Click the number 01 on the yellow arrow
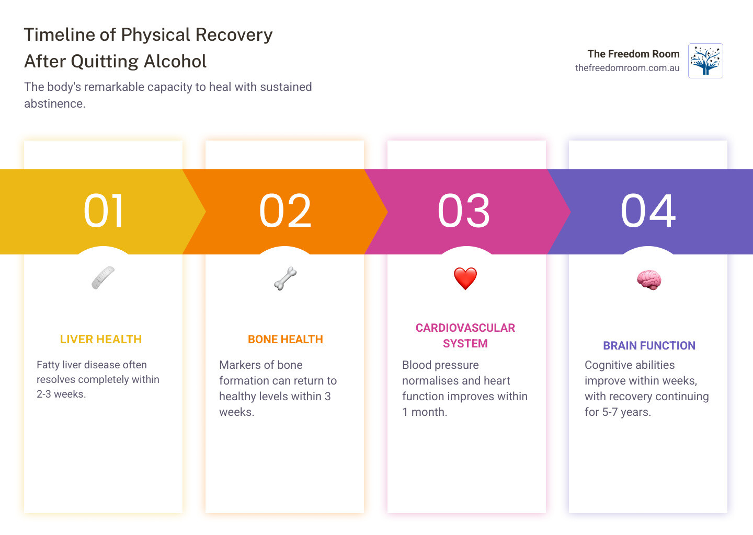[104, 211]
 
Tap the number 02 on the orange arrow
[285, 211]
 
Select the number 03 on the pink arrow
[464, 211]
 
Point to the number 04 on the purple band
[648, 211]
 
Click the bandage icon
[103, 277]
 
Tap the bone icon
[285, 278]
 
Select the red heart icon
[465, 278]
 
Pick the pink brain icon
[649, 280]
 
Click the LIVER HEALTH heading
[101, 340]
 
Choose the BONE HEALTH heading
[286, 340]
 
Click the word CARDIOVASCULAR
[465, 328]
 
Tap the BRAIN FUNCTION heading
[649, 346]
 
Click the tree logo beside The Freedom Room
[705, 61]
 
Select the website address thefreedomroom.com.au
[627, 68]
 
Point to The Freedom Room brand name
[633, 54]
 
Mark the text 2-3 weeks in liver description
[61, 394]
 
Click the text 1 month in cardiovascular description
[425, 412]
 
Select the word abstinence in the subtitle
[54, 103]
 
